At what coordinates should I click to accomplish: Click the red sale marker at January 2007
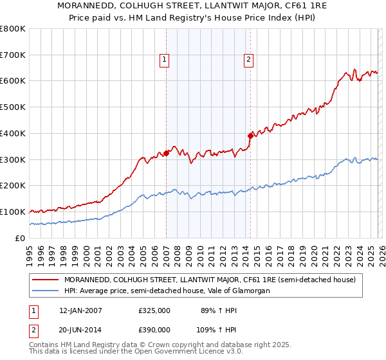pos(166,153)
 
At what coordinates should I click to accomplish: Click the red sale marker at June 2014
pos(250,136)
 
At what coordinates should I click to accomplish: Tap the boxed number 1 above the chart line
pos(165,60)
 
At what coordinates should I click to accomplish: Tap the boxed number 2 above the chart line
pos(248,60)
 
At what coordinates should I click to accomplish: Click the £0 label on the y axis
pos(19,238)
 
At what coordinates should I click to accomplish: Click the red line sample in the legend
pos(45,280)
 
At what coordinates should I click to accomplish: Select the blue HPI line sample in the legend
pos(45,291)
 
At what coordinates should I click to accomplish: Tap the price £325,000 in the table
pos(154,310)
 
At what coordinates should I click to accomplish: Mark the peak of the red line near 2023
pos(354,69)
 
